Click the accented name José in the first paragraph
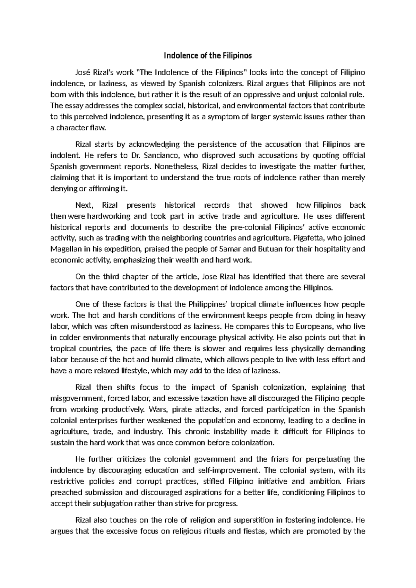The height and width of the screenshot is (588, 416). (83, 72)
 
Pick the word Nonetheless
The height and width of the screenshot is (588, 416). (176, 166)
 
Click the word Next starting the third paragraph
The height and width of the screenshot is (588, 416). (84, 205)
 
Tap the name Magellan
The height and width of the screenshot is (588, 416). (65, 249)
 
